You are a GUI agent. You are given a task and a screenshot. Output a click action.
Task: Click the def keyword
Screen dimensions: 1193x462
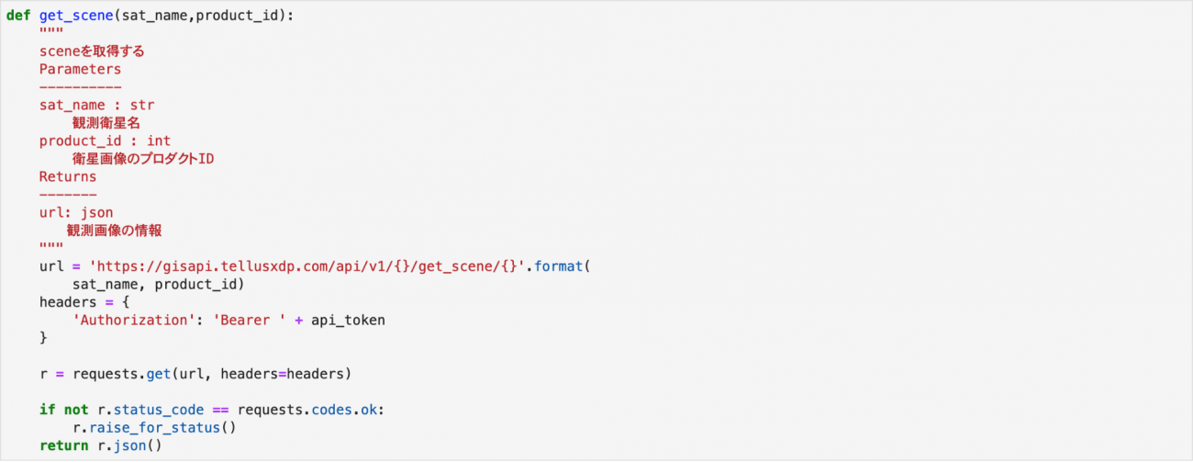click(x=18, y=16)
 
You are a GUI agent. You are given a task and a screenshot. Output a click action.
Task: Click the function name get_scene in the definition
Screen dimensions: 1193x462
click(x=76, y=16)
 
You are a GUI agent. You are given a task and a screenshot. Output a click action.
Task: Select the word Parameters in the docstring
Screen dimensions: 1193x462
click(x=81, y=69)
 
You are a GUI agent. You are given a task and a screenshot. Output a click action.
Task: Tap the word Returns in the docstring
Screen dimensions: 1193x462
click(x=68, y=176)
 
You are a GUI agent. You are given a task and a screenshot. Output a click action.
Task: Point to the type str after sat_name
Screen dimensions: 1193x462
click(x=142, y=105)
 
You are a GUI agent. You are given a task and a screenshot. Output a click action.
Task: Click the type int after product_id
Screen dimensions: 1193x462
click(x=159, y=141)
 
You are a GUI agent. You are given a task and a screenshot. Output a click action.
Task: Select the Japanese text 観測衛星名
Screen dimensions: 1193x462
click(x=106, y=123)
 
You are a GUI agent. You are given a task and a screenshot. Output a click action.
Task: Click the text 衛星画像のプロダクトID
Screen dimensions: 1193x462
click(x=143, y=159)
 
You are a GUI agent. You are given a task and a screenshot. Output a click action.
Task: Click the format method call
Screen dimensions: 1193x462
click(x=558, y=266)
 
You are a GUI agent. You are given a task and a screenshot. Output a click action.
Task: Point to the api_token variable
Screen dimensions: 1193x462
click(x=349, y=321)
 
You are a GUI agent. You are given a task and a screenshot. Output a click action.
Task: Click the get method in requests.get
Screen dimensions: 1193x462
click(x=159, y=374)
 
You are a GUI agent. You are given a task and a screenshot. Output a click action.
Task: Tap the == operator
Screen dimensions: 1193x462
click(x=220, y=410)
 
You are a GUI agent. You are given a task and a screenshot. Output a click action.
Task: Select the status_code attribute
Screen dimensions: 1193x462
click(x=159, y=410)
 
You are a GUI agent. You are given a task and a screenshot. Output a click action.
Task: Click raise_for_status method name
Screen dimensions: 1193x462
click(x=154, y=428)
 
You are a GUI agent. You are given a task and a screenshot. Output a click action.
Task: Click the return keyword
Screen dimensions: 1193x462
click(x=64, y=445)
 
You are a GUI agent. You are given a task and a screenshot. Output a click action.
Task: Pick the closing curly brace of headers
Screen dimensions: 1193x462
click(x=43, y=338)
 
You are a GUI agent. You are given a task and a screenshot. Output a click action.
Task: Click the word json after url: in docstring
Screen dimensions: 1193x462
click(x=97, y=212)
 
